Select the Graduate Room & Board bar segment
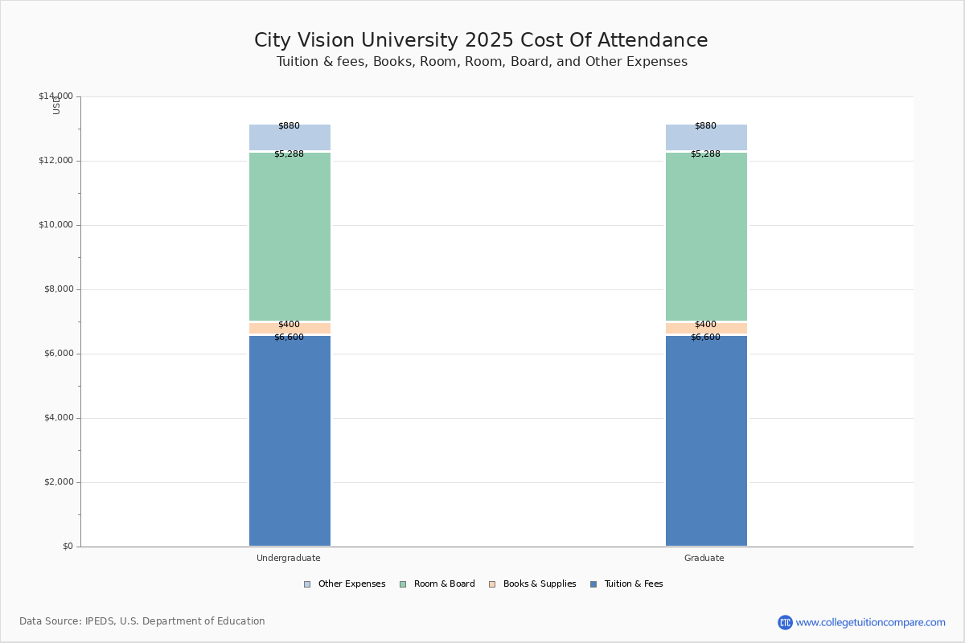tap(706, 236)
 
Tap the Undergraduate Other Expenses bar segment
tap(289, 138)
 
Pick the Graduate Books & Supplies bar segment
tap(706, 329)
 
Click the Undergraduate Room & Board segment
tap(289, 236)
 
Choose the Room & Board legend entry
tap(444, 584)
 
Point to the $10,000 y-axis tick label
tap(55, 225)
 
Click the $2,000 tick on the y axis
tap(55, 482)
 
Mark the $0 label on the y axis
tap(67, 547)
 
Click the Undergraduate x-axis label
tap(289, 558)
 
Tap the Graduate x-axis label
tap(704, 558)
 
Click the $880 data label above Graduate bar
tap(705, 126)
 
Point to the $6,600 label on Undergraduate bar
tap(289, 338)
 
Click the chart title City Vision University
tap(481, 41)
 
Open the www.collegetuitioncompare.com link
tap(870, 622)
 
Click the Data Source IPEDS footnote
tap(142, 621)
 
